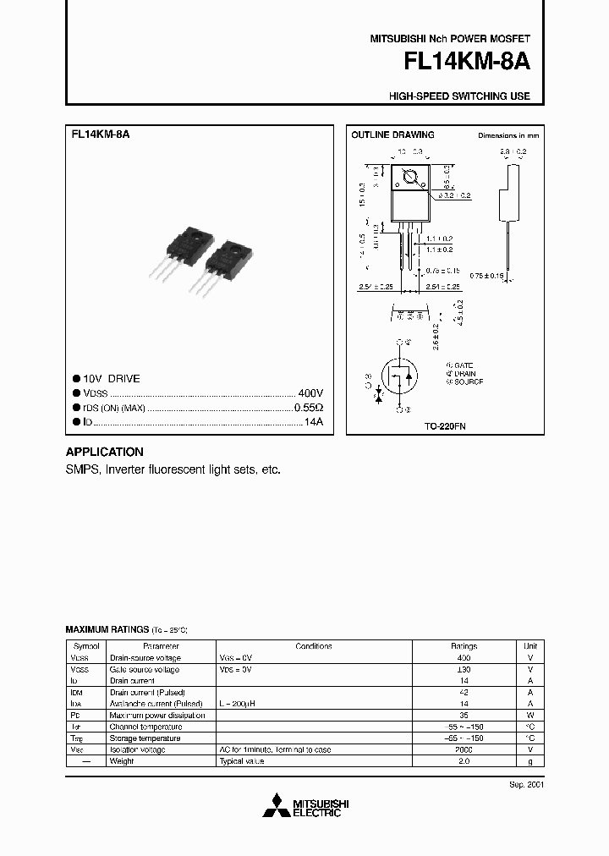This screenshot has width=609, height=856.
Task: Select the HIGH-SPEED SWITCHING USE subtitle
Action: click(x=459, y=96)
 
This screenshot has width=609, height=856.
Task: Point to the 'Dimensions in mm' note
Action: click(x=507, y=135)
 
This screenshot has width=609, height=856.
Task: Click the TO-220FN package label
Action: click(x=445, y=427)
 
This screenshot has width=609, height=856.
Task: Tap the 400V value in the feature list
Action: click(x=310, y=394)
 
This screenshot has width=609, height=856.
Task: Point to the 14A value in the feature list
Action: click(x=314, y=421)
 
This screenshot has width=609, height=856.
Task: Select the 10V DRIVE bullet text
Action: click(x=112, y=379)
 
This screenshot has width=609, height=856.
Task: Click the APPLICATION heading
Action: click(x=104, y=452)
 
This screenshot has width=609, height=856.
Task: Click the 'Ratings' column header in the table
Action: click(x=463, y=646)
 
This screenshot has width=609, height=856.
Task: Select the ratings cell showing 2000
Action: click(x=463, y=749)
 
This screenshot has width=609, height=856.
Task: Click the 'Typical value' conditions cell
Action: click(x=242, y=761)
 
